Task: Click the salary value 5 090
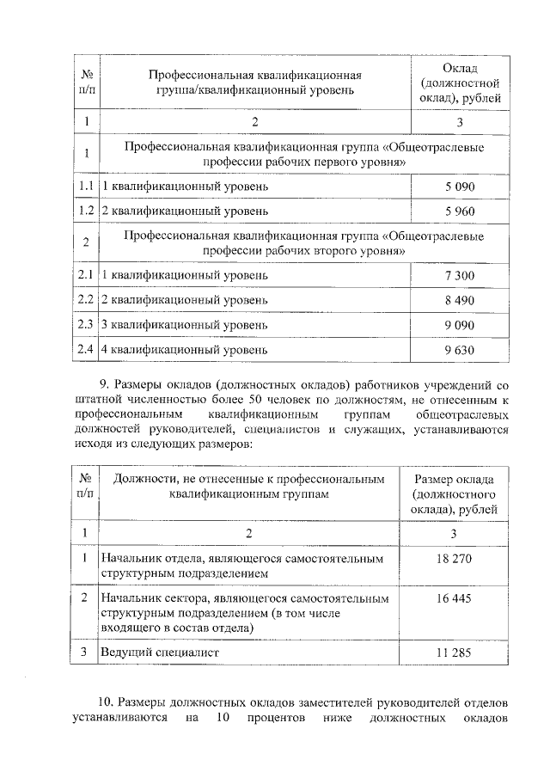point(460,186)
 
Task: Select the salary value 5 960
point(460,210)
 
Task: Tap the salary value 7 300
point(460,275)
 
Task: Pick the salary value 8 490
point(460,300)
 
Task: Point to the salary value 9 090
point(460,325)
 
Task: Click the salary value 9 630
point(460,350)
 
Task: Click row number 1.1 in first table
point(84,186)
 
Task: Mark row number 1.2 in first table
point(84,210)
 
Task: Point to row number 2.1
point(84,275)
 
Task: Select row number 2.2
point(84,300)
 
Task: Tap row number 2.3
point(84,325)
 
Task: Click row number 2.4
point(84,350)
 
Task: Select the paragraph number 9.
point(107,383)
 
